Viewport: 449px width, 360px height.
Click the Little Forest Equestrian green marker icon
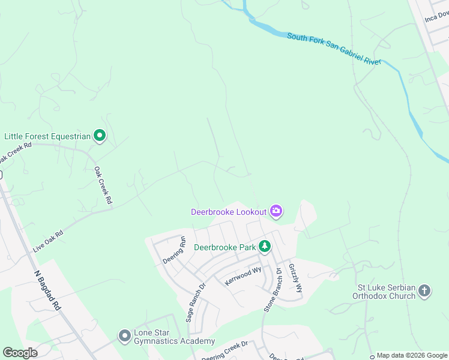[100, 137]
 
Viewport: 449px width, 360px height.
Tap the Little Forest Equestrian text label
[47, 137]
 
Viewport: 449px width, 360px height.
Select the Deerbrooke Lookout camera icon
[276, 211]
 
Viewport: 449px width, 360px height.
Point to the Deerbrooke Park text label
[224, 247]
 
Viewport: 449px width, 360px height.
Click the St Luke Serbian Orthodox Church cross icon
[424, 292]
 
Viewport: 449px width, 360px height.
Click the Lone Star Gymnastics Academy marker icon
[125, 336]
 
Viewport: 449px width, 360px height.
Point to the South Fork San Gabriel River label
[334, 49]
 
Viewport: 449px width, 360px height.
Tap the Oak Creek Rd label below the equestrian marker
[103, 185]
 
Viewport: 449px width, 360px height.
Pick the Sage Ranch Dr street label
[196, 302]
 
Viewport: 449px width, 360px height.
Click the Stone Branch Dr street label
[273, 290]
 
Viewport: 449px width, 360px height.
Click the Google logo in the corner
[20, 352]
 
